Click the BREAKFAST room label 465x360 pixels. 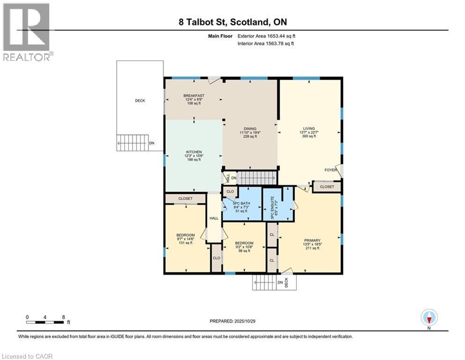click(193, 96)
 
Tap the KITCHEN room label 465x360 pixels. click(194, 152)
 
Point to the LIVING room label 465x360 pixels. click(308, 128)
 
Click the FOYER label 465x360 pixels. click(331, 170)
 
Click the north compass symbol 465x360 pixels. click(429, 318)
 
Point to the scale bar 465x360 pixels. click(45, 322)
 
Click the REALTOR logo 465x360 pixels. click(27, 32)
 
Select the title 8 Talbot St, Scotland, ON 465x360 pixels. click(232, 22)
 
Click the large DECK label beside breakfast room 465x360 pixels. click(140, 100)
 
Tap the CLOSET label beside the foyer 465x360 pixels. click(327, 187)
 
